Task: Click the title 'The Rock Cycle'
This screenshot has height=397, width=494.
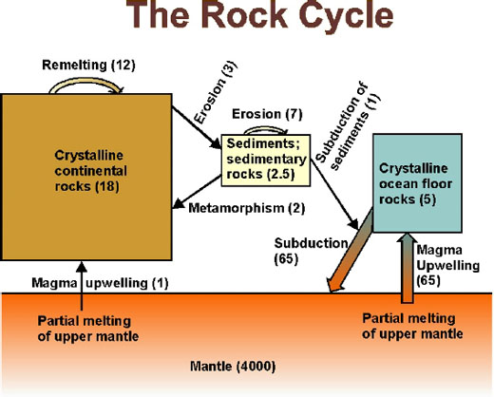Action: [x=247, y=19]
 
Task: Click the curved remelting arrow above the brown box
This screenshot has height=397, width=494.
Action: [x=85, y=85]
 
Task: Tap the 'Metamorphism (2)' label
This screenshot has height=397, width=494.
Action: [x=234, y=208]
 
